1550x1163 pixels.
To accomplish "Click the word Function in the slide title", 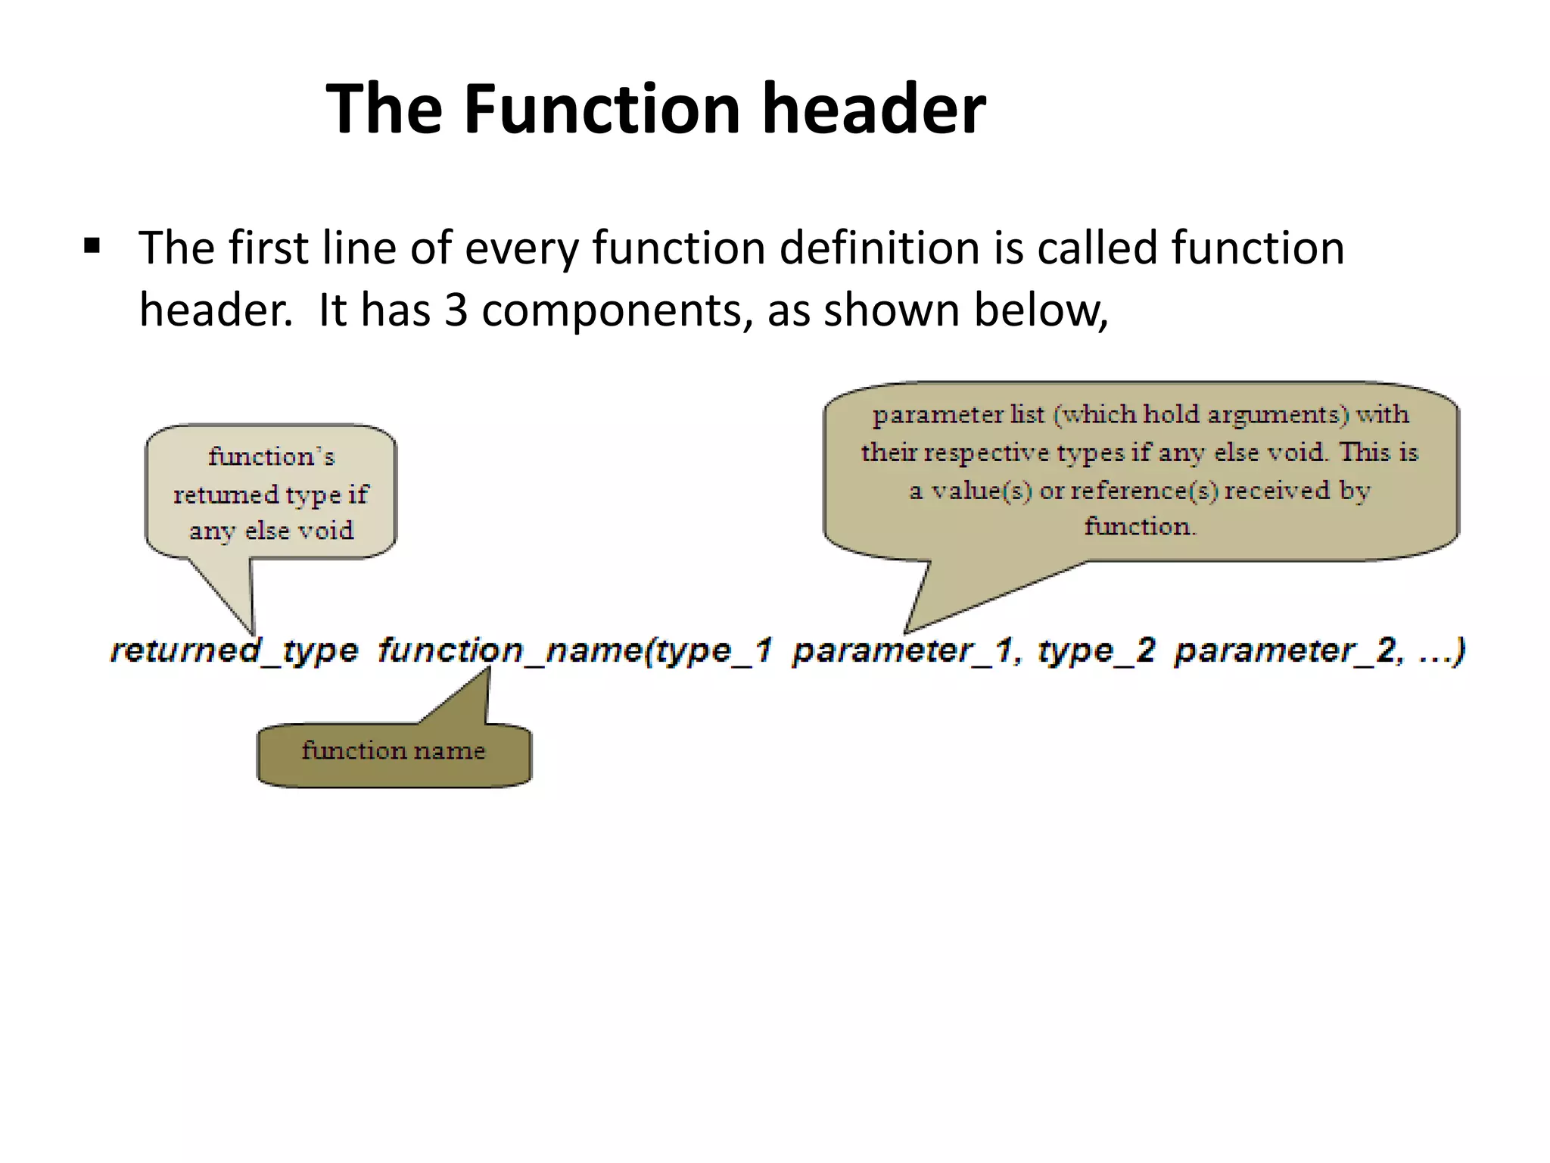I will (x=602, y=109).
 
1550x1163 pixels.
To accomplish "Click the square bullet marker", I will (x=92, y=246).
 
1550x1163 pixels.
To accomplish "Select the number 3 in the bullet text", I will (x=456, y=310).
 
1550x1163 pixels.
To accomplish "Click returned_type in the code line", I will (x=234, y=650).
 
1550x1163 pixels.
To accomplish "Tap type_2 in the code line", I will (x=1096, y=650).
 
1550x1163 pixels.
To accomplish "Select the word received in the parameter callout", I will (x=1277, y=491).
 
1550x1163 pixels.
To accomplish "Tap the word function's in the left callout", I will (x=271, y=457).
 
